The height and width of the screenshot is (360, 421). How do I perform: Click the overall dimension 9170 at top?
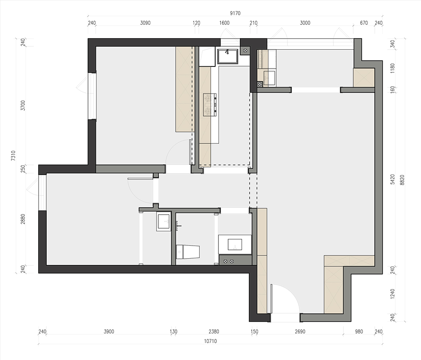(235, 13)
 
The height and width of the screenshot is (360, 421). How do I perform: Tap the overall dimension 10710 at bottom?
(210, 341)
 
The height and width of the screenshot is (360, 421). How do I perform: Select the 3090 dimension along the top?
(145, 23)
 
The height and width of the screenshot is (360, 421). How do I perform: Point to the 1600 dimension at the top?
(224, 23)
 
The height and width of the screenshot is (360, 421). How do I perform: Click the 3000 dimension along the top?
(305, 23)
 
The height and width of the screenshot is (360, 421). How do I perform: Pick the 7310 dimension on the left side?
(13, 156)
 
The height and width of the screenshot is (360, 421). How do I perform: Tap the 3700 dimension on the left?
(23, 106)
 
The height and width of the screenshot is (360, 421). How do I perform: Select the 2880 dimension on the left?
(23, 219)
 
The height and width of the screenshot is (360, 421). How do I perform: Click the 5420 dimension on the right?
(392, 179)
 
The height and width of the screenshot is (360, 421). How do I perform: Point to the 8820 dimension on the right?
(402, 180)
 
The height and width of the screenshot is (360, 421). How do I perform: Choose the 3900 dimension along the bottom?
(109, 331)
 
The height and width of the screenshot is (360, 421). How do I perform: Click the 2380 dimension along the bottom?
(214, 331)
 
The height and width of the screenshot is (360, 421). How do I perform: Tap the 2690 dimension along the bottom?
(300, 331)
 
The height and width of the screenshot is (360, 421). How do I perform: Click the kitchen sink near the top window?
(228, 56)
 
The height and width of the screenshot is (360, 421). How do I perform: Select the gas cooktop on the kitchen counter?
(210, 105)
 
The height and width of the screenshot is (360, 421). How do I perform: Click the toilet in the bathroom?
(188, 251)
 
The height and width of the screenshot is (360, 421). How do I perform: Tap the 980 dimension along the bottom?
(359, 331)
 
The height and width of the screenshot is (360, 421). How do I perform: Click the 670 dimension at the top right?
(364, 23)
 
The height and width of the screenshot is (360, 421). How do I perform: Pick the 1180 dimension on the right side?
(392, 69)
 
